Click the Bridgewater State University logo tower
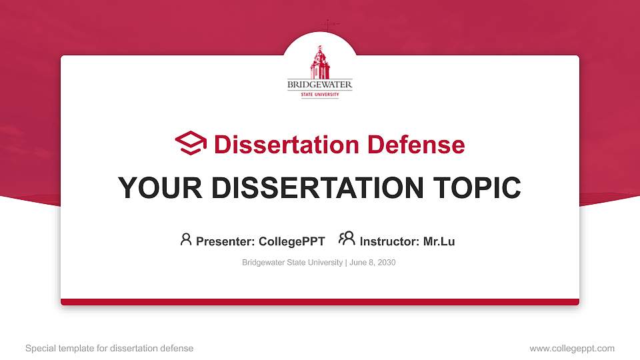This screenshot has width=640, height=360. (x=320, y=63)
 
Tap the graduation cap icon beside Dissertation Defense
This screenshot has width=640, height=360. (x=191, y=143)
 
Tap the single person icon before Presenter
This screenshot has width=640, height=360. (x=186, y=239)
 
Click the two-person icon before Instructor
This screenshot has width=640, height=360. (x=347, y=239)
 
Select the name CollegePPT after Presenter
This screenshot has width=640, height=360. (x=291, y=241)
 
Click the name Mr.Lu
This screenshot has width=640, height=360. (x=439, y=241)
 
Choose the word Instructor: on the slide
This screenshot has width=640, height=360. (x=389, y=241)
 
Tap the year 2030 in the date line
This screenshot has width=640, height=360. (x=386, y=263)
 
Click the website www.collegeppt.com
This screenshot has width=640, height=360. (x=572, y=348)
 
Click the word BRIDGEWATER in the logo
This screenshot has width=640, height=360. (x=320, y=85)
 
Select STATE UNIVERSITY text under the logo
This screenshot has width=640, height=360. (x=320, y=95)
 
